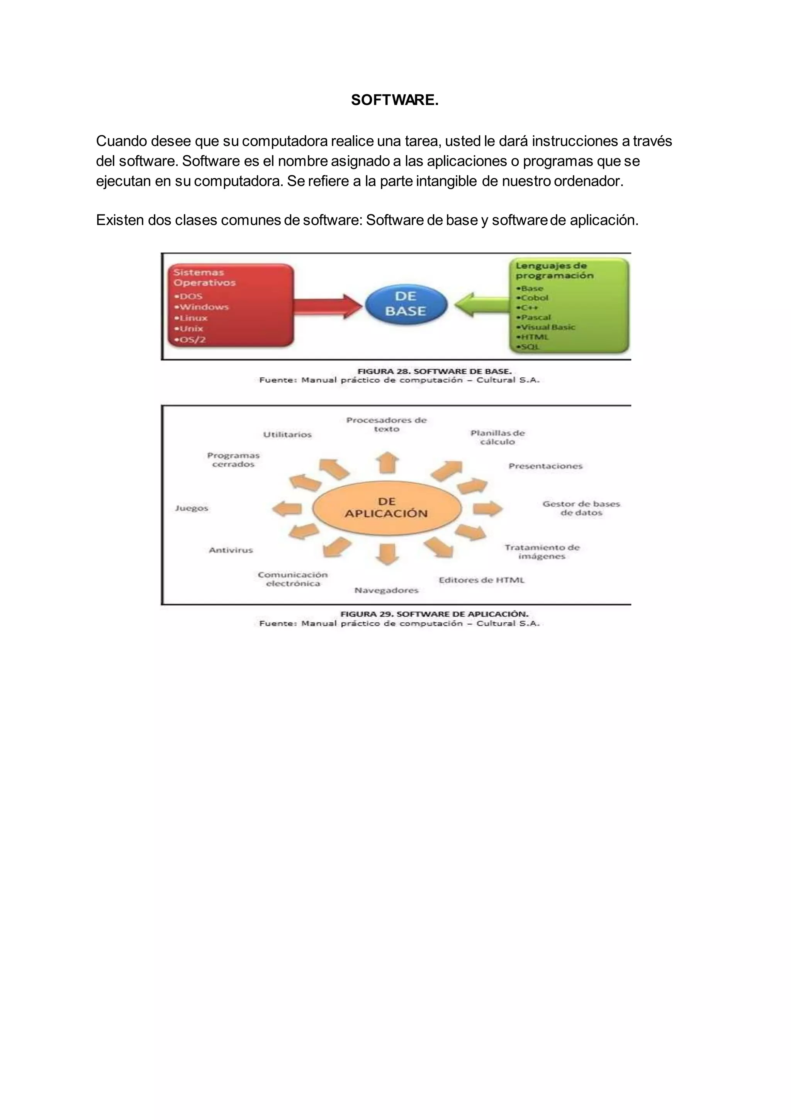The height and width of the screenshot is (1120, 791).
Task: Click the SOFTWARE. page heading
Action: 394,100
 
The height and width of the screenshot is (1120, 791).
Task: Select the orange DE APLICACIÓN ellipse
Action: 386,508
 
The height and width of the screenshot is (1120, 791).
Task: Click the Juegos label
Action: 192,508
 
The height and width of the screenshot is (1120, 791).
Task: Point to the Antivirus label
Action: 231,550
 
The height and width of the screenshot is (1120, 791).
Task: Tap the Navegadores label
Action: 386,590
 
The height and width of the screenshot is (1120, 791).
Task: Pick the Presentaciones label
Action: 545,466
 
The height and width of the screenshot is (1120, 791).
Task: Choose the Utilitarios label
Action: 287,435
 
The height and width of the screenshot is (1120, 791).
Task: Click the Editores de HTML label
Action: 481,580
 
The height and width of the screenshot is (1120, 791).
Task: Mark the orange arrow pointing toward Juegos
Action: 287,509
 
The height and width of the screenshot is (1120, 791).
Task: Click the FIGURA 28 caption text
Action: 434,371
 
